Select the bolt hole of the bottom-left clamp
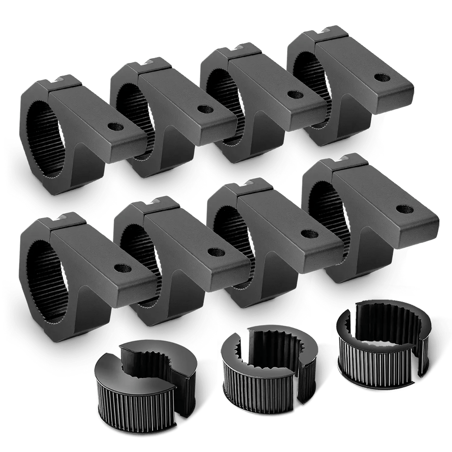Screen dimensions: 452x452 click(x=120, y=268)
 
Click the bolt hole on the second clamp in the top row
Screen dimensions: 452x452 click(x=203, y=109)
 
